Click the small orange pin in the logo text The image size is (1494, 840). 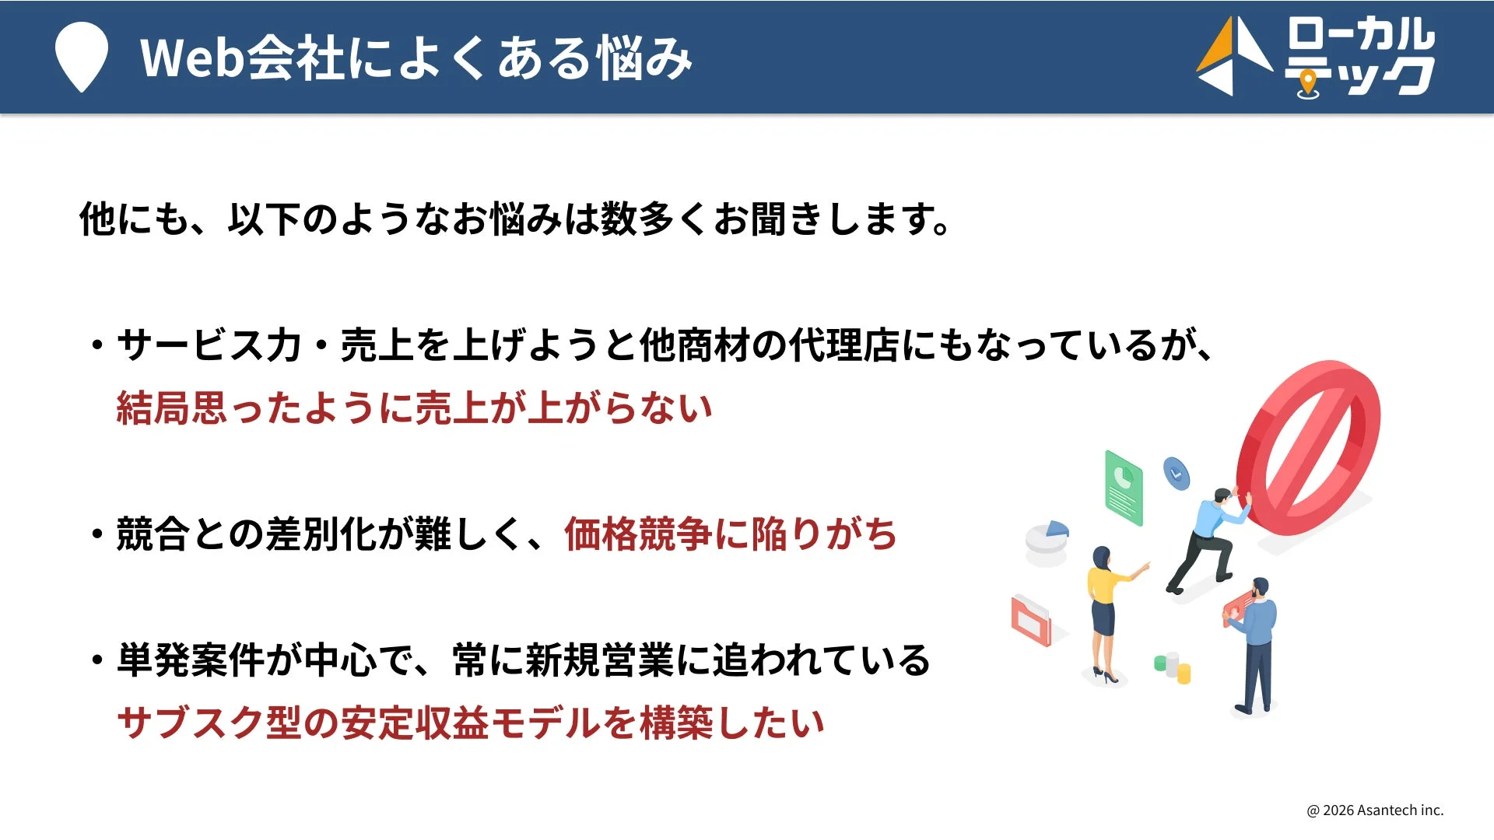(x=1309, y=81)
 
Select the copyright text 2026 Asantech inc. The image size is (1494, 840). (x=1375, y=810)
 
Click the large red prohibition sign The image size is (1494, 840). (x=1309, y=446)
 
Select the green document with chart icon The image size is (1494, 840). (x=1124, y=488)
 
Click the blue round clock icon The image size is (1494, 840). (x=1176, y=472)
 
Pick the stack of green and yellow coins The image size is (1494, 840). (x=1173, y=667)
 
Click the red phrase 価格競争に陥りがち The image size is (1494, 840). (x=731, y=534)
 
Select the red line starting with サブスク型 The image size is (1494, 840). (x=470, y=723)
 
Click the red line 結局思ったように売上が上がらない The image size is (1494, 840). (x=414, y=408)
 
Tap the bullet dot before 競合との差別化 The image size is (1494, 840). (x=97, y=534)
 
